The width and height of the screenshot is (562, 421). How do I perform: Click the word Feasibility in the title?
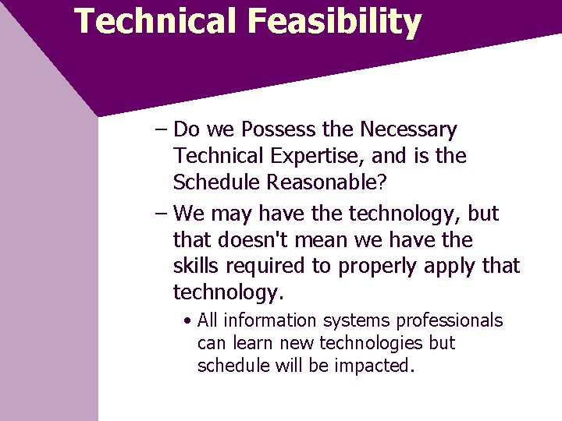334,21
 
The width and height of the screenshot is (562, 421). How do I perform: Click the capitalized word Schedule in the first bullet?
216,182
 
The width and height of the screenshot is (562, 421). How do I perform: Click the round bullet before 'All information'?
188,321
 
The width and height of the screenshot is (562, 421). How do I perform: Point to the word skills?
196,266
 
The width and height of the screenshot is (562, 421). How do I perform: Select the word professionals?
450,320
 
